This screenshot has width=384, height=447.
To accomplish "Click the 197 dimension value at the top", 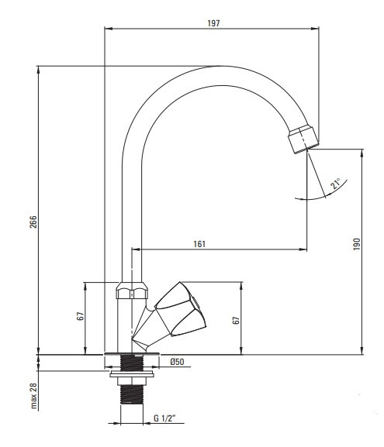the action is click(x=213, y=23).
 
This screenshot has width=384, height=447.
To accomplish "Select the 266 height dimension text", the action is click(x=33, y=222).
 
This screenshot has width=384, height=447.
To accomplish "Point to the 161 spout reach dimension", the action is click(x=199, y=244).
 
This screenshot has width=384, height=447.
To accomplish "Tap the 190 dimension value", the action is click(x=357, y=244).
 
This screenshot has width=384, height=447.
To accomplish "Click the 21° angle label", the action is click(x=335, y=184).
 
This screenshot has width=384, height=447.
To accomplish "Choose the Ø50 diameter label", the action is click(x=177, y=362).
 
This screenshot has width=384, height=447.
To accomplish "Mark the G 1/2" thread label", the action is click(x=164, y=418).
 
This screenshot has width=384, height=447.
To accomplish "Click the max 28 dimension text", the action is click(x=33, y=396).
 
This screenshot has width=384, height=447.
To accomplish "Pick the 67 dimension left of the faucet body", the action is click(x=81, y=316).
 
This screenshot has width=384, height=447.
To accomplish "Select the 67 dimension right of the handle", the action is click(x=236, y=320).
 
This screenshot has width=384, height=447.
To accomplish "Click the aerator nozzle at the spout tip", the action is click(x=303, y=139).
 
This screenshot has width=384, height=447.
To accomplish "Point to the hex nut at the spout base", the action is click(x=132, y=291).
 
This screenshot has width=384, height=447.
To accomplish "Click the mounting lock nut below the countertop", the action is click(x=132, y=377).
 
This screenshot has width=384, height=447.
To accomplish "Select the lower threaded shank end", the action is click(x=132, y=394).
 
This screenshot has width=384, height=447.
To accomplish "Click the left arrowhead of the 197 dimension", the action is click(x=109, y=28).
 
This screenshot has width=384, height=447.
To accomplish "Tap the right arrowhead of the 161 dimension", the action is click(x=303, y=249).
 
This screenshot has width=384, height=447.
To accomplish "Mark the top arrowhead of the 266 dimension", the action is click(x=38, y=70).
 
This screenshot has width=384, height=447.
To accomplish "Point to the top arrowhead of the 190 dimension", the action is click(x=362, y=153).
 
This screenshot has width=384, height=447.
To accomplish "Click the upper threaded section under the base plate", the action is click(x=132, y=363).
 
